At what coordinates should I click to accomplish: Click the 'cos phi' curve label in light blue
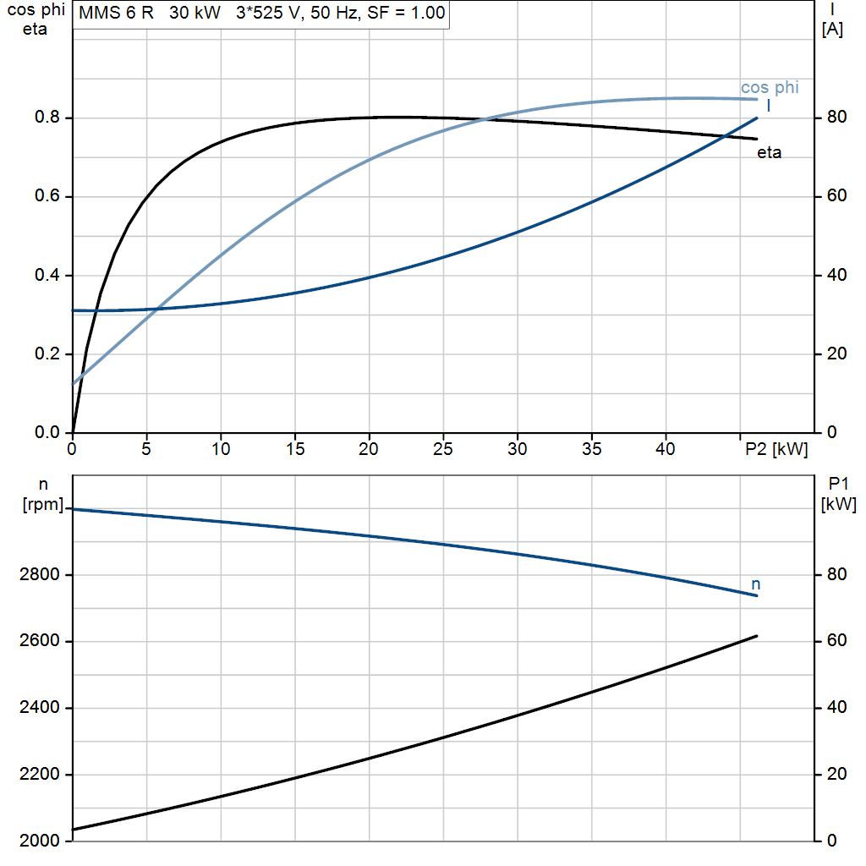tap(770, 88)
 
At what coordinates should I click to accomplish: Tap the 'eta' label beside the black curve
tap(769, 152)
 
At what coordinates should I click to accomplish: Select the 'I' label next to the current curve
tap(768, 106)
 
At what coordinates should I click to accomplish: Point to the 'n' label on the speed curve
tap(755, 584)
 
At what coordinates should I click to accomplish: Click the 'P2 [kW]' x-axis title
tap(776, 449)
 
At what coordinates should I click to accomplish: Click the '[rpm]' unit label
tap(42, 504)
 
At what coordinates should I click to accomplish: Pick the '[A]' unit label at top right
tap(832, 29)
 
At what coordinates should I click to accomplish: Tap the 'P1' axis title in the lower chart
tap(838, 484)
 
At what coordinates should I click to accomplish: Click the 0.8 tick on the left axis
tap(47, 117)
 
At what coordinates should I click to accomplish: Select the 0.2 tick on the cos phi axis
tap(47, 354)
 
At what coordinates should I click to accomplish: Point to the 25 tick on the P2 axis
tap(443, 449)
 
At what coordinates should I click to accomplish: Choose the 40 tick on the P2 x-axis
tap(666, 449)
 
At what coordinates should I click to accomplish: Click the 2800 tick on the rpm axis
tap(39, 575)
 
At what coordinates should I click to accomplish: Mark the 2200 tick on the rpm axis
tap(39, 775)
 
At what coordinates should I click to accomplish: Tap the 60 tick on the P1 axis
tap(836, 641)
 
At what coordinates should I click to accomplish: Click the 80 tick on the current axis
tap(836, 117)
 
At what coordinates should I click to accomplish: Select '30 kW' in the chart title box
tap(195, 13)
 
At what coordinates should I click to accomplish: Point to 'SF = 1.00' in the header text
tap(406, 13)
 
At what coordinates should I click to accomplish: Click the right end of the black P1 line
tap(756, 636)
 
